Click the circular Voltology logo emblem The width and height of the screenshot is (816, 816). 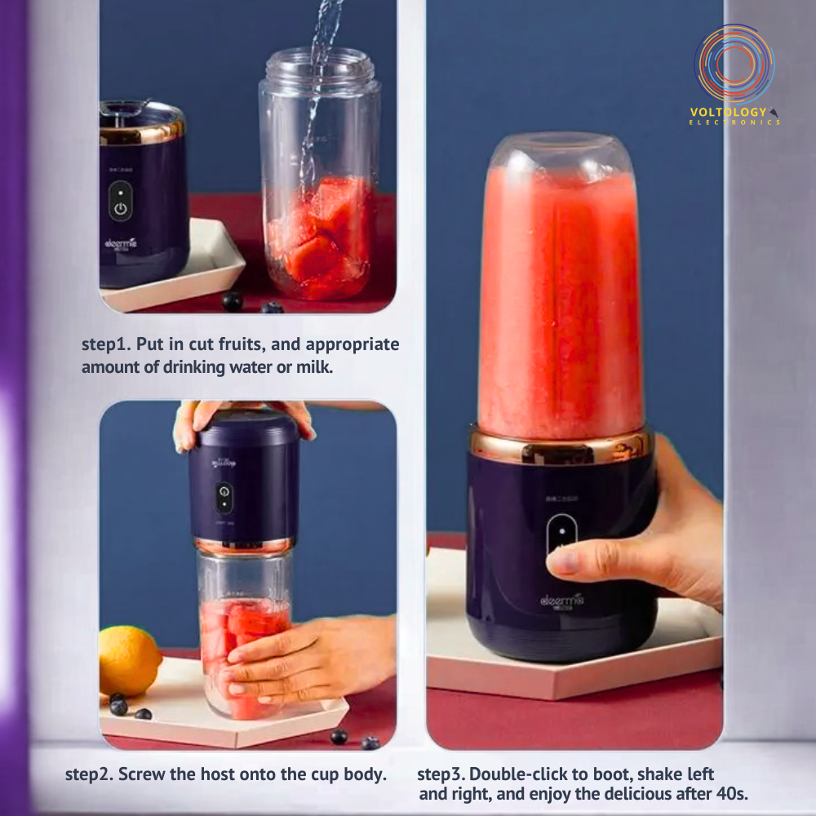click(x=734, y=63)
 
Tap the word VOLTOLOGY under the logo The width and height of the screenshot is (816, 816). click(x=728, y=111)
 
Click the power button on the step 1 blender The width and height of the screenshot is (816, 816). click(x=120, y=206)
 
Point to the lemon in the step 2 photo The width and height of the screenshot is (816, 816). click(x=129, y=660)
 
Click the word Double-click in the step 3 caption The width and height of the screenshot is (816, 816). click(x=517, y=773)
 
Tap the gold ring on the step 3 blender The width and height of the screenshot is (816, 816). click(x=560, y=446)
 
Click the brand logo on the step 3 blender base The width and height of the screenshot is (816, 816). click(x=562, y=601)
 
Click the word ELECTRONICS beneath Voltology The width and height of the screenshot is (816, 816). click(x=734, y=122)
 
